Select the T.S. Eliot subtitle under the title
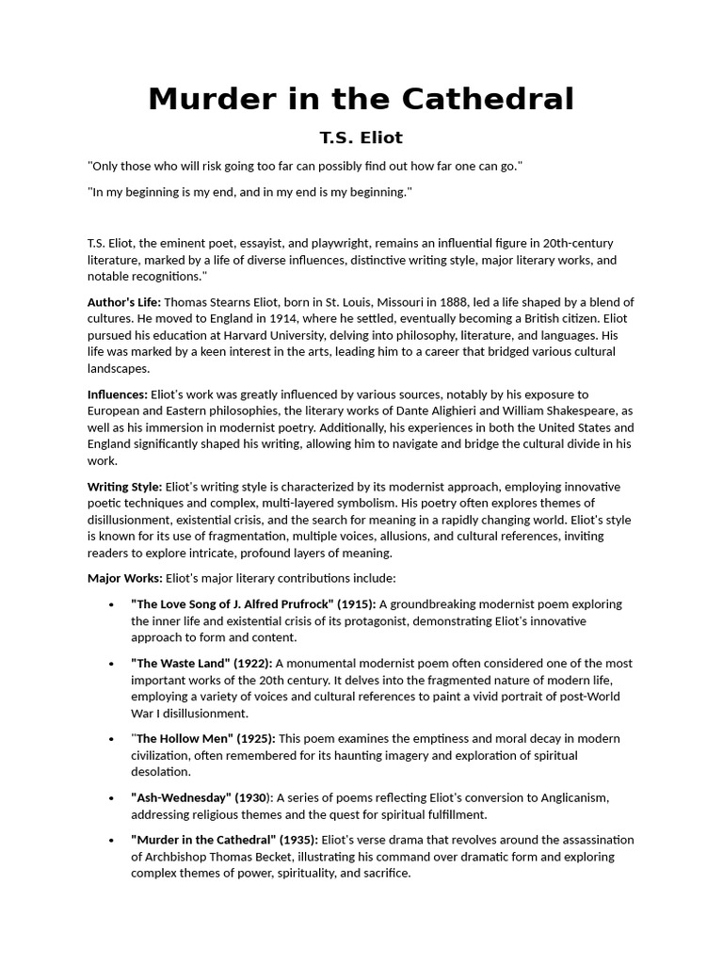coord(361,137)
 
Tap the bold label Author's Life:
coord(124,302)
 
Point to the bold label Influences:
coord(118,394)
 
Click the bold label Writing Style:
coord(124,487)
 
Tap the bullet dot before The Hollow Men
coord(112,739)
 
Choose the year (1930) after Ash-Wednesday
coord(254,798)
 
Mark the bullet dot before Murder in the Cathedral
coord(112,841)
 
